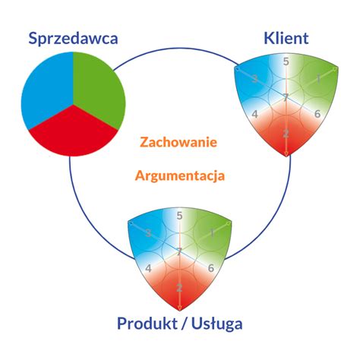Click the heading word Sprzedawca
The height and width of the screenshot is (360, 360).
tap(73, 37)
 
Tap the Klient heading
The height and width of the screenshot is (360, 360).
tap(286, 37)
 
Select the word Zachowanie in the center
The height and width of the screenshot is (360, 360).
tap(179, 142)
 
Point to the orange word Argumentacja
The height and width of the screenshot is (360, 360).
tap(179, 175)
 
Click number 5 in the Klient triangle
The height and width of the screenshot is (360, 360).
tap(286, 62)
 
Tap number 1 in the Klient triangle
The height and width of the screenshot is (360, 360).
tap(319, 78)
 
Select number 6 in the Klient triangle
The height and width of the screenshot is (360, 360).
tap(316, 114)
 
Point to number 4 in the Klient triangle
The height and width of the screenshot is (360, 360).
tap(256, 114)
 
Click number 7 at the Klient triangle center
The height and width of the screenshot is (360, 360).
tap(286, 97)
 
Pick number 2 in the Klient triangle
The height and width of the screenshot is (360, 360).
tap(286, 134)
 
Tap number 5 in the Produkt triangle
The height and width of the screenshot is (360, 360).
tap(179, 216)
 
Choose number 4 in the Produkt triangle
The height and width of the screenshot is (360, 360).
tap(149, 268)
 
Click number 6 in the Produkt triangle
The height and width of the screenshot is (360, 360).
tap(210, 268)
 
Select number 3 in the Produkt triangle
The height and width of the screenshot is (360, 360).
tap(148, 232)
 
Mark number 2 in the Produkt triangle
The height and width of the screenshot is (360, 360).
tap(179, 288)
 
